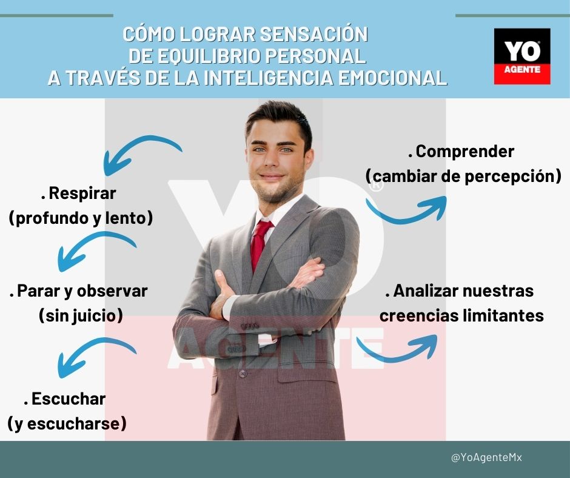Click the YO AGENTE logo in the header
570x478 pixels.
coord(522,56)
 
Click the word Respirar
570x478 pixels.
coord(82,194)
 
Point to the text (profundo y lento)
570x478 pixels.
coord(81,218)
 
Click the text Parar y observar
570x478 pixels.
coord(81,291)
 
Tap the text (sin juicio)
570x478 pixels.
coord(81,315)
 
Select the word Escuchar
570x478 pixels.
coord(68,399)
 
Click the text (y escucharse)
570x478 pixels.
coord(67,423)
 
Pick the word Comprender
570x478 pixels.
coord(464,152)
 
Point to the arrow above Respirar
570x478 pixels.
coord(141,152)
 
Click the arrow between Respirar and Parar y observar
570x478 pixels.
coord(94,251)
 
